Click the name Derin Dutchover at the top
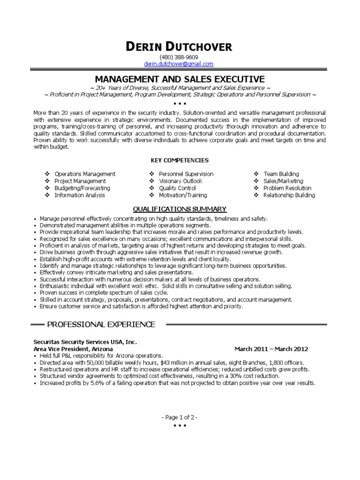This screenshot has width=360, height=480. click(179, 46)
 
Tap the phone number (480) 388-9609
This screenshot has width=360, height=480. click(179, 57)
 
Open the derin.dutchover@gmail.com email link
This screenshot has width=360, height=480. click(179, 64)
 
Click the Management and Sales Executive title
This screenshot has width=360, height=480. click(180, 79)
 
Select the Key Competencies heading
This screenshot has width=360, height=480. click(180, 160)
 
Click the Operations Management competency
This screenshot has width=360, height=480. click(85, 174)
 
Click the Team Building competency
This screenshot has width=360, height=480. click(281, 174)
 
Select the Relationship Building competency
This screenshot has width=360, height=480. click(289, 195)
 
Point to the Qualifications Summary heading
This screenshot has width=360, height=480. click(180, 209)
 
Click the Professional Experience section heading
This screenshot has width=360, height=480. click(101, 324)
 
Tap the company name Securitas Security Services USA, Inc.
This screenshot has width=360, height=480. click(85, 342)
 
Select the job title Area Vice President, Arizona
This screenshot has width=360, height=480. click(73, 349)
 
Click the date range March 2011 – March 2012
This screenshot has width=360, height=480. click(271, 349)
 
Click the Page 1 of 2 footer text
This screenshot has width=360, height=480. click(180, 417)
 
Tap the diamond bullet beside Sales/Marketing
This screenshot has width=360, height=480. click(256, 181)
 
